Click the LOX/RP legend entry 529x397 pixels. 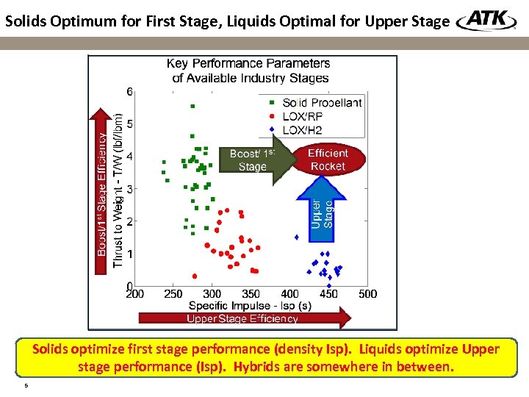[x=302, y=116]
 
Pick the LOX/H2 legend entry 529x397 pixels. [x=302, y=130]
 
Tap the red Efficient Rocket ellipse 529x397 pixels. [x=328, y=160]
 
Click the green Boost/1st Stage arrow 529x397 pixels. [x=252, y=160]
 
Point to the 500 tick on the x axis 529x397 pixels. [x=367, y=294]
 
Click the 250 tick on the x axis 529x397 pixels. [x=173, y=294]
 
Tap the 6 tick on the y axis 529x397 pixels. [x=129, y=92]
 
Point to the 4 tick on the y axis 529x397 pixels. [x=129, y=157]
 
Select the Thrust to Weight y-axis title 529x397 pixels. [x=118, y=190]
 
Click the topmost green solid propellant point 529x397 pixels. [x=192, y=107]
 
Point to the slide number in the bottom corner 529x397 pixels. [x=26, y=385]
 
